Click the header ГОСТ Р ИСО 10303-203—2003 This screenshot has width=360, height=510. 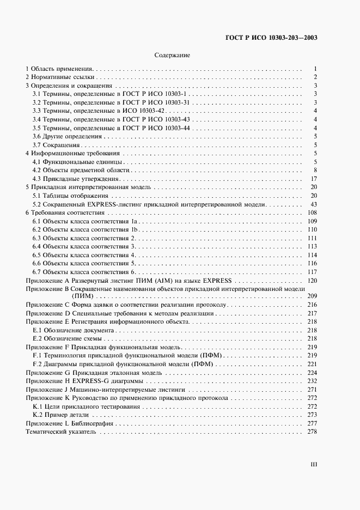point(271,38)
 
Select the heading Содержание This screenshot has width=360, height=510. point(172,56)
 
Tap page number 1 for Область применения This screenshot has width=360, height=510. point(315,69)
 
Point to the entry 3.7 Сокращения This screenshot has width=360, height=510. point(57,145)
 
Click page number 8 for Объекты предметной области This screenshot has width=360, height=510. point(315,171)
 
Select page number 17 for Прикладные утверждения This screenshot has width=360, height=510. point(314,179)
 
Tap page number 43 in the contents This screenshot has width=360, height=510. point(314,204)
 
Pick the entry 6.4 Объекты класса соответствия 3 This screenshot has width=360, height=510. point(84,246)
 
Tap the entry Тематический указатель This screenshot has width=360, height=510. point(61,432)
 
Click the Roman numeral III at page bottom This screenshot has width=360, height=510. point(313,465)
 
